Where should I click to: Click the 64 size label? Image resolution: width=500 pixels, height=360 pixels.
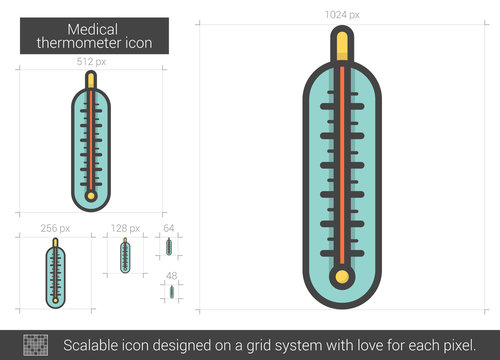[x=168, y=228]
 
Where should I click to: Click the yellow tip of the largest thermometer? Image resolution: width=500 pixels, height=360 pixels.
[x=343, y=43]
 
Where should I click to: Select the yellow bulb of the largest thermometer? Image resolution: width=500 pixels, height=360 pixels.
[x=343, y=276]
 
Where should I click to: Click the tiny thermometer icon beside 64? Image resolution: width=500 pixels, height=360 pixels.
[x=169, y=246]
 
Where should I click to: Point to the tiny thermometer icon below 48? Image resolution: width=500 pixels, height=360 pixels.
[x=171, y=292]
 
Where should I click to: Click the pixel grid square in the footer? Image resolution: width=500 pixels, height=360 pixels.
[x=37, y=343]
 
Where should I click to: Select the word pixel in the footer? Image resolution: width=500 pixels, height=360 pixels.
[x=450, y=344]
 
